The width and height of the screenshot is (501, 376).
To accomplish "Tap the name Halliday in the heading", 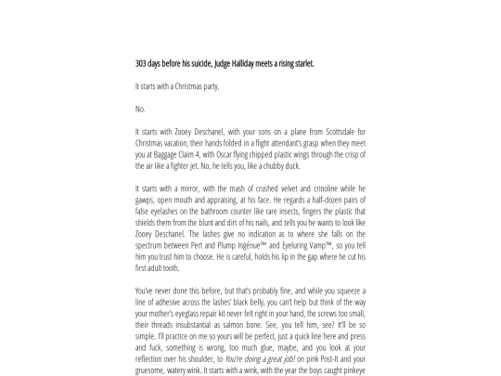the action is pos(255,64).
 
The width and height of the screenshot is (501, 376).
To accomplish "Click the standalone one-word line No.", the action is pos(140,109).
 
